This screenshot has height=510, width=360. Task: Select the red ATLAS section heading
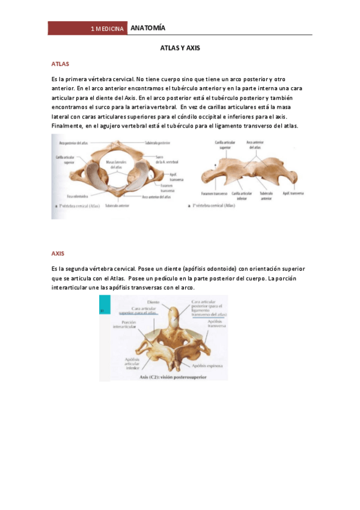[60, 63]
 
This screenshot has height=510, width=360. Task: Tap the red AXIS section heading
[58, 254]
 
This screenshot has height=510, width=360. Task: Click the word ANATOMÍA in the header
[147, 28]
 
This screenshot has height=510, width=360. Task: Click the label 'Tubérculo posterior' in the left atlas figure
[157, 143]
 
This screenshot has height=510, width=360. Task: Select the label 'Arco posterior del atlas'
[74, 143]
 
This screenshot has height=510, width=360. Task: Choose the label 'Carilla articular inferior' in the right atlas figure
[244, 196]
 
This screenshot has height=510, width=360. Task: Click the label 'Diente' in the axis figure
[153, 303]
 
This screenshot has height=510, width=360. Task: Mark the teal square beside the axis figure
[102, 310]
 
